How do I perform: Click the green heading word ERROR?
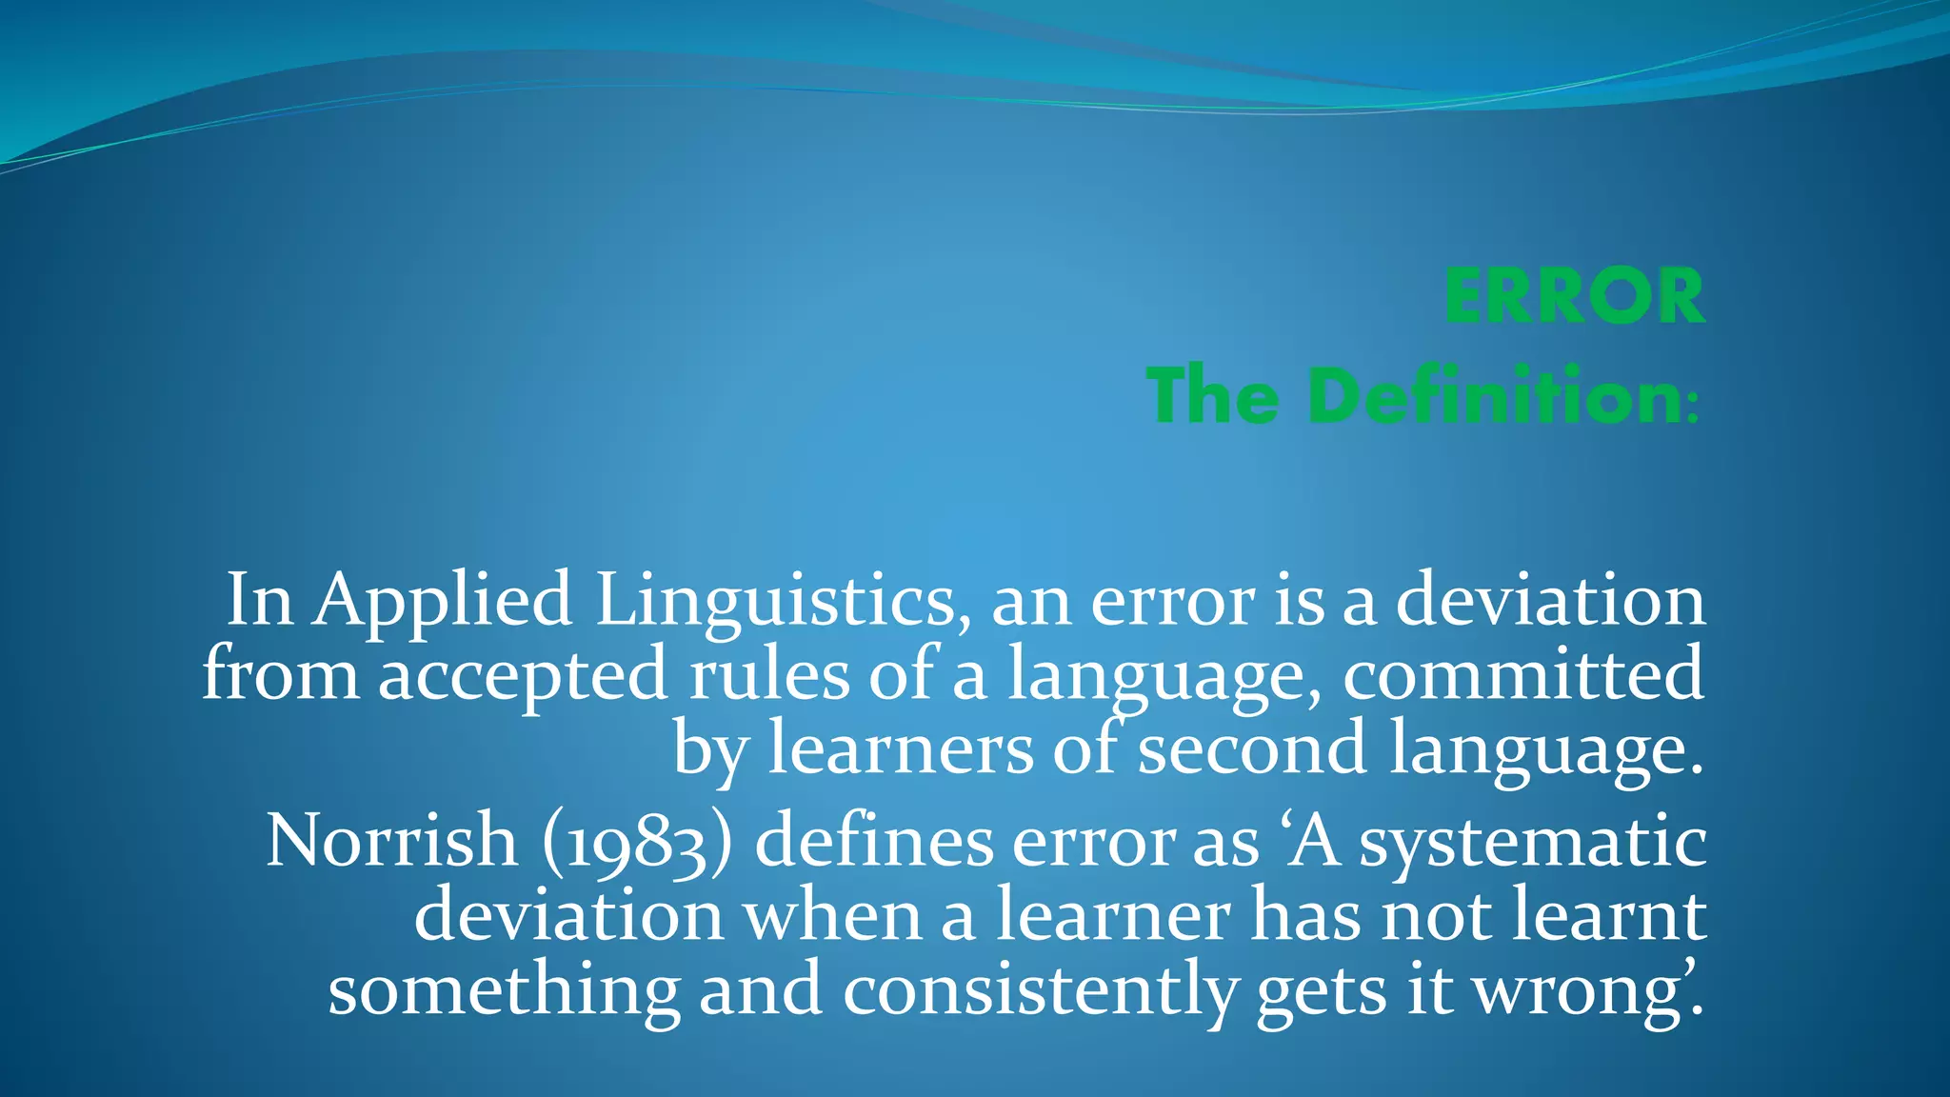[x=1574, y=297]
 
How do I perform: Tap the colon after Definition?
[x=1691, y=409]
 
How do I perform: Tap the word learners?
[x=900, y=749]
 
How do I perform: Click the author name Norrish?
[x=391, y=842]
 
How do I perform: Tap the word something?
[x=504, y=990]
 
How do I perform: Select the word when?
[x=832, y=916]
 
